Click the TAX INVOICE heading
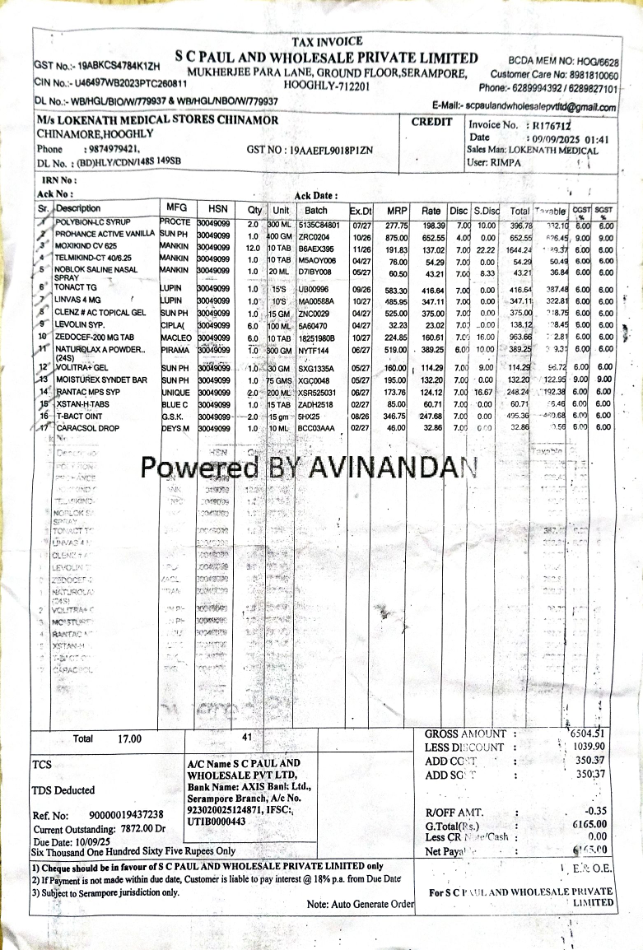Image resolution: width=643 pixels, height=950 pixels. point(327,41)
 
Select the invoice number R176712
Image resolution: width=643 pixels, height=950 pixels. point(552,125)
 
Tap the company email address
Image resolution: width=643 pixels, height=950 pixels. point(541,107)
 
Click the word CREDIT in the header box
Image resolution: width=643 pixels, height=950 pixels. point(432,122)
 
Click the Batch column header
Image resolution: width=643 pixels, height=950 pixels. point(316,210)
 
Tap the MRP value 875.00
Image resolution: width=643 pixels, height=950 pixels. point(398,235)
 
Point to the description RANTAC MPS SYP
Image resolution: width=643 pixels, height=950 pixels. point(90,392)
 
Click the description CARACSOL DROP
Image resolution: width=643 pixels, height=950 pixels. point(88,428)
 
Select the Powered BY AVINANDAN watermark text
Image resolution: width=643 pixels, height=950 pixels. point(309,468)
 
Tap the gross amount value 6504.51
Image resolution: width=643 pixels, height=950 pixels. point(587,733)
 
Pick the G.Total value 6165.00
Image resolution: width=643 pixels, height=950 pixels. point(589,823)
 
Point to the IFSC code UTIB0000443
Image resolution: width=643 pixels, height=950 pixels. point(217,822)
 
